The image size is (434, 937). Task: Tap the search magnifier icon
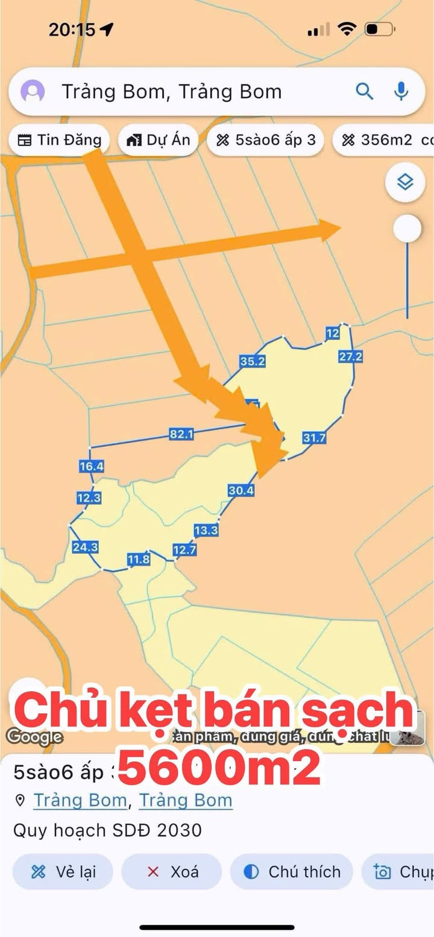tap(365, 92)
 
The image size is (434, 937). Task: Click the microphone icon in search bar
tap(401, 92)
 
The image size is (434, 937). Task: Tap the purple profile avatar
tap(33, 92)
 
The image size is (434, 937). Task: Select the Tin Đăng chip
tap(59, 140)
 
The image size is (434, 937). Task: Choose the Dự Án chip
tap(159, 140)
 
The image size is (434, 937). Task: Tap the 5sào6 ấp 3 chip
tap(266, 140)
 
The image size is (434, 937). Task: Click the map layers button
tap(405, 181)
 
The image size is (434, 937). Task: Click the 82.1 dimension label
tap(181, 434)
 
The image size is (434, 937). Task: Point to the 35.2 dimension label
tap(252, 361)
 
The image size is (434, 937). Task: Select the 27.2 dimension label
tap(350, 356)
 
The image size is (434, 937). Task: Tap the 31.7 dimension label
tap(314, 438)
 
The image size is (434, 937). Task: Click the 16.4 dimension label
tap(91, 466)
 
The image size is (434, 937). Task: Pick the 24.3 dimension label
tap(85, 547)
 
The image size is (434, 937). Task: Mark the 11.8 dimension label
tap(138, 560)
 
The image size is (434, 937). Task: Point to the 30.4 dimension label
tap(241, 491)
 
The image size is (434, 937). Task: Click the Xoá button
tap(172, 872)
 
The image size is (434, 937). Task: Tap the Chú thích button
tap(292, 872)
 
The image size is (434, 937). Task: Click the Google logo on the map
tap(34, 736)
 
